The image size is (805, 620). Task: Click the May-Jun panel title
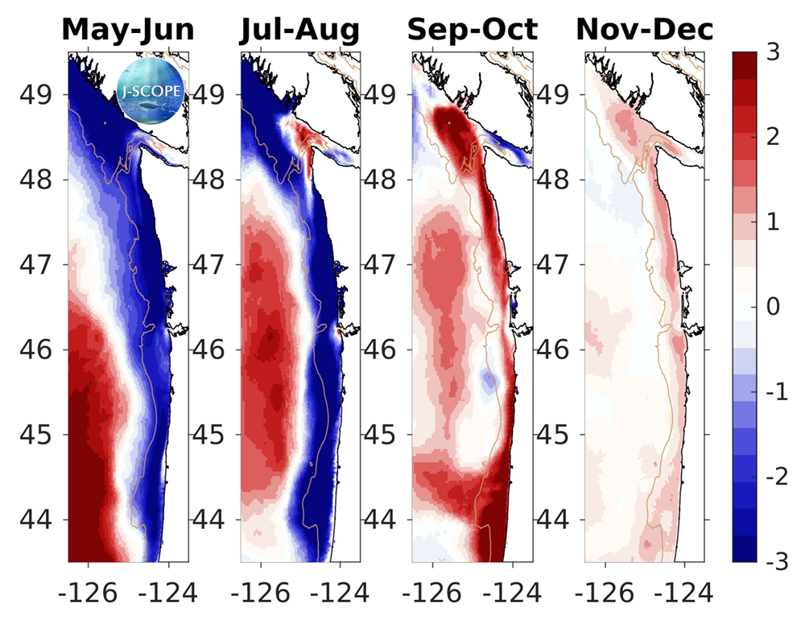click(127, 30)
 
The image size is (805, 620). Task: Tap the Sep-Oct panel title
click(473, 30)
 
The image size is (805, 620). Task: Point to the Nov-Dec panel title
click(645, 30)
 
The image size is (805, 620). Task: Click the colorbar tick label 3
click(771, 52)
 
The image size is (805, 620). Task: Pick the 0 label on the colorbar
click(771, 307)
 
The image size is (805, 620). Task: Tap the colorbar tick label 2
click(771, 137)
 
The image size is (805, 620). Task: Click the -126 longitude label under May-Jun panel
click(89, 594)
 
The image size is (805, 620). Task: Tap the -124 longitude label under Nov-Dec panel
click(684, 594)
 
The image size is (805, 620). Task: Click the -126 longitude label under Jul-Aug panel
click(260, 594)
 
